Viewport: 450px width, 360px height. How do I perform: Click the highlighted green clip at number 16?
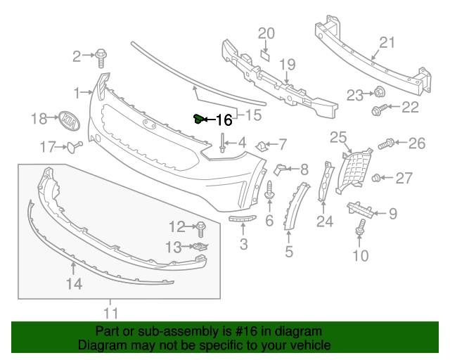coord(198,119)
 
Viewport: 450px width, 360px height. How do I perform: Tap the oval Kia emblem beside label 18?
coord(68,120)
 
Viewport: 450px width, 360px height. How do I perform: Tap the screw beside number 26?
coord(386,145)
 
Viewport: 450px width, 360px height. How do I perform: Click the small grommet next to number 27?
coord(377,177)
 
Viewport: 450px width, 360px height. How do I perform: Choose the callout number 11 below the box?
coord(110,313)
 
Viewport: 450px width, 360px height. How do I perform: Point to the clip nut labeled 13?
coord(200,246)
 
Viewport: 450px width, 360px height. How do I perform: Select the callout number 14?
coord(74,283)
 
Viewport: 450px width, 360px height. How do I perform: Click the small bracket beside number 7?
coord(260,146)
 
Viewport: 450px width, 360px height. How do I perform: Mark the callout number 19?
coord(288,65)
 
